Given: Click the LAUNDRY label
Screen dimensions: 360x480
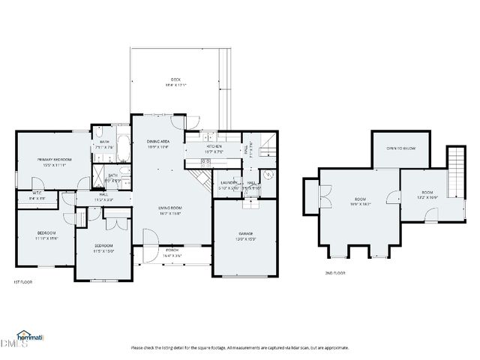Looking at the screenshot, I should click(x=229, y=182).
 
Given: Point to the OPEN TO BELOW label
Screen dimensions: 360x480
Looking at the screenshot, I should click(x=401, y=148).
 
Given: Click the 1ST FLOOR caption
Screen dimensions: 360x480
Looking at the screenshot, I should click(x=22, y=281).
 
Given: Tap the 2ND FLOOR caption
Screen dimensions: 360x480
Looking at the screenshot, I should click(x=335, y=273).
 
